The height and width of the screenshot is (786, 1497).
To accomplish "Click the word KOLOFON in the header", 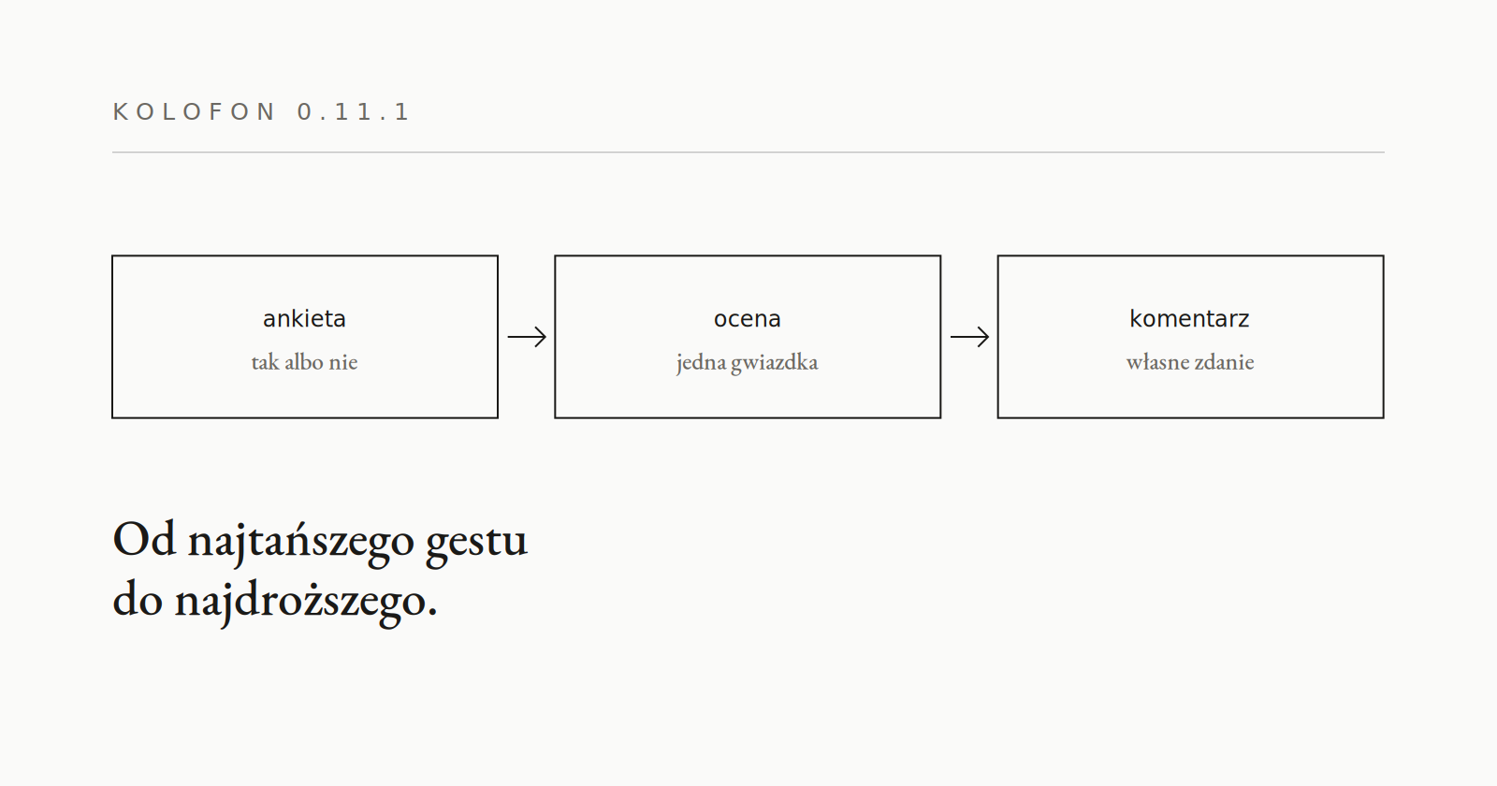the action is coord(193,111).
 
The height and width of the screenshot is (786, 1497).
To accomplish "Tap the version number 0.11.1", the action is coord(354,111).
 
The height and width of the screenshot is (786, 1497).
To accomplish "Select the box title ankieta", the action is coord(305,319).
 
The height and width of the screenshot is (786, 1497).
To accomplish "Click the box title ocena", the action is coord(748,319).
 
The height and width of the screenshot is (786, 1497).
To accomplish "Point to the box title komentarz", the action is coord(1189,319).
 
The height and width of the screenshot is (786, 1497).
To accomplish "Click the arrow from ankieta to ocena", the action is coord(527,337).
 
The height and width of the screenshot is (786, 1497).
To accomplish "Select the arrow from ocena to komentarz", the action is coord(969,337).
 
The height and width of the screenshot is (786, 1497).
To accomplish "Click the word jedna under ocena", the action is coord(701,362).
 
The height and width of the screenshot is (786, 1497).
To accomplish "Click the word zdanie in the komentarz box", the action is coord(1225,362).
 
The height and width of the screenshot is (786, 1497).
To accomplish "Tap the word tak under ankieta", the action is coord(266,362).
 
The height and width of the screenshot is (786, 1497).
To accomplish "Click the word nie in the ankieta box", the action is coord(342,362).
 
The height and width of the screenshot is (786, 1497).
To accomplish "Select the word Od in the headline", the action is coord(144,539).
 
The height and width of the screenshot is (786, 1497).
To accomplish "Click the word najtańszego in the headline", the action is coord(300,543).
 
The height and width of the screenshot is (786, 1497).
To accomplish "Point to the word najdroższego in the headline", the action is coord(306,603).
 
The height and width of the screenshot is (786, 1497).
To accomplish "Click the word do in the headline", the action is coord(138,598).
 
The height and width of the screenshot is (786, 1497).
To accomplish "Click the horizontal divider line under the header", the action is coord(748,153).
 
